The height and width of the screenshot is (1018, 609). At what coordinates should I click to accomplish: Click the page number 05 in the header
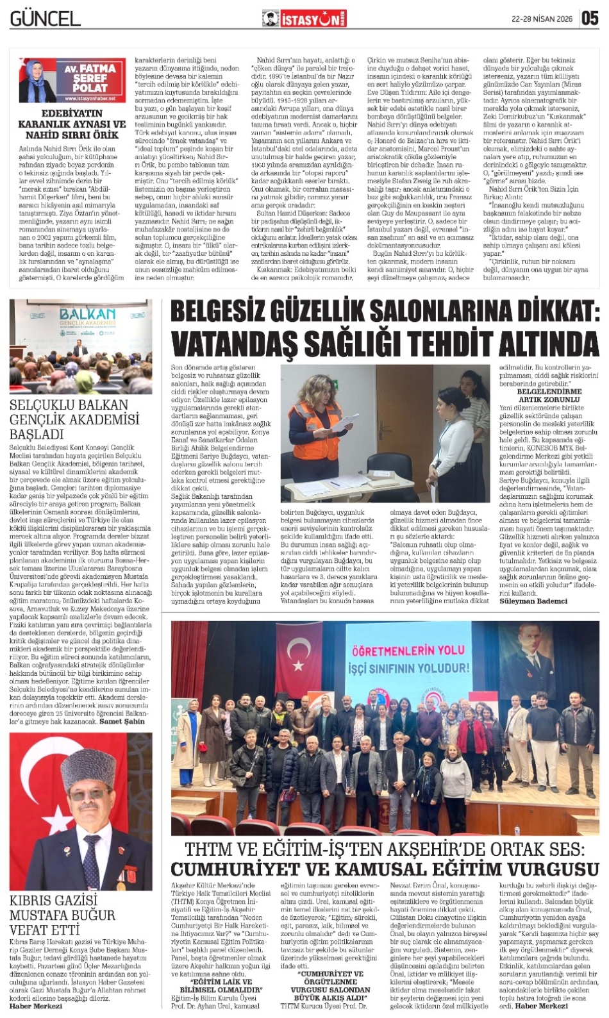[x=590, y=19]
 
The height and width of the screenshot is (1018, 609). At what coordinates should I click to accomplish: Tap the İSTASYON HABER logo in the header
[x=304, y=19]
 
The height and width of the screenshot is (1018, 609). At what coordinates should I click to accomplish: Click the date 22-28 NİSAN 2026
[x=541, y=19]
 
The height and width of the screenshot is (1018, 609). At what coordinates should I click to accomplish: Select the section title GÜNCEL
[x=45, y=19]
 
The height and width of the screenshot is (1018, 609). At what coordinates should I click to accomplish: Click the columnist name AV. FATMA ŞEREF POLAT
[x=90, y=78]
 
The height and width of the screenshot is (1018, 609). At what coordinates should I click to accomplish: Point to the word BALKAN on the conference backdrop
[x=87, y=313]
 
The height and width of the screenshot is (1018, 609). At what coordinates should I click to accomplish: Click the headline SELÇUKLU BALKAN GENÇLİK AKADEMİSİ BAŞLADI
[x=74, y=419]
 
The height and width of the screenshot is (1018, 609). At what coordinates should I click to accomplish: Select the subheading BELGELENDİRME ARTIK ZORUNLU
[x=549, y=395]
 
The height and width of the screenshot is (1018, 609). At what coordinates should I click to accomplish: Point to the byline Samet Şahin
[x=122, y=721]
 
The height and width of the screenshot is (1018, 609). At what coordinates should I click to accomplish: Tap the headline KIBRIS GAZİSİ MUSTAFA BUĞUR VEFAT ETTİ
[x=62, y=915]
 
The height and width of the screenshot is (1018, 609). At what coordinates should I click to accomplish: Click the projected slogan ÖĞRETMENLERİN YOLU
[x=408, y=651]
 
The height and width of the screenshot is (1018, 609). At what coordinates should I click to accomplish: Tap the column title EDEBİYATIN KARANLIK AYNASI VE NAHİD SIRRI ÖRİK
[x=72, y=124]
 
